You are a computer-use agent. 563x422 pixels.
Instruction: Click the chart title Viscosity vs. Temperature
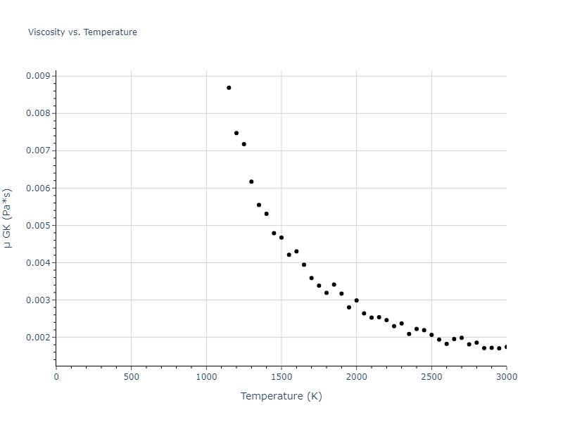pyautogui.click(x=82, y=32)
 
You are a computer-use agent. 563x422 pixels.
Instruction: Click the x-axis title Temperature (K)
pyautogui.click(x=281, y=396)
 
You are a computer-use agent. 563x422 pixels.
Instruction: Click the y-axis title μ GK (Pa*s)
pyautogui.click(x=8, y=218)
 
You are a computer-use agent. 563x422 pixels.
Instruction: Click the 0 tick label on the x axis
pyautogui.click(x=56, y=376)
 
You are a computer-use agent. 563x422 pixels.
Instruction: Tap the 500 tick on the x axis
pyautogui.click(x=131, y=376)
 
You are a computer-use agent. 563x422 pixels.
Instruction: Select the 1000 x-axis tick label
pyautogui.click(x=206, y=376)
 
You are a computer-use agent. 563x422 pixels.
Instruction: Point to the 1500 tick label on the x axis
pyautogui.click(x=281, y=376)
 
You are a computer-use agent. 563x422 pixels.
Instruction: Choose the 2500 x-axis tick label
pyautogui.click(x=431, y=376)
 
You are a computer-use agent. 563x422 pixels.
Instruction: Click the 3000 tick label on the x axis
pyautogui.click(x=506, y=376)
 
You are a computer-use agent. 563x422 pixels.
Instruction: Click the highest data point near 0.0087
pyautogui.click(x=229, y=88)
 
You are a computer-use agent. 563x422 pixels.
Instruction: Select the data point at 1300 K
pyautogui.click(x=251, y=181)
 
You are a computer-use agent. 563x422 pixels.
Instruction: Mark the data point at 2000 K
pyautogui.click(x=356, y=300)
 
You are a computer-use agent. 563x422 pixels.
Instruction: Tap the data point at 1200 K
pyautogui.click(x=236, y=133)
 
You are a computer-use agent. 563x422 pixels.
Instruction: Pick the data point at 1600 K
pyautogui.click(x=296, y=251)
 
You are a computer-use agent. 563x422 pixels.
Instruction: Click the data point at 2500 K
pyautogui.click(x=431, y=335)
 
